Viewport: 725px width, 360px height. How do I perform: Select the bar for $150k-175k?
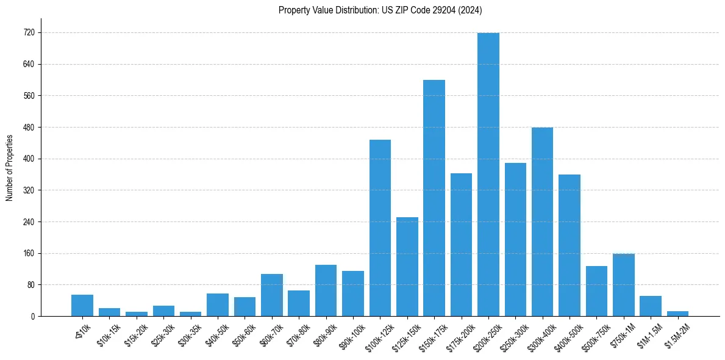[x=434, y=198]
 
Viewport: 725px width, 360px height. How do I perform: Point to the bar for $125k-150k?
[x=407, y=267]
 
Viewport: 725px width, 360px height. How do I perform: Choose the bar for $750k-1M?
[x=623, y=285]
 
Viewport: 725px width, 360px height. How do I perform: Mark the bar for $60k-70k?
[x=271, y=295]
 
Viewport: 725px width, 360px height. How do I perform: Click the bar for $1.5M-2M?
[x=677, y=314]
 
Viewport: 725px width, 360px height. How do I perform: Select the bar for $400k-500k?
[x=569, y=245]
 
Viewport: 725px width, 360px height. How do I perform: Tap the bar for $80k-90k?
[x=326, y=290]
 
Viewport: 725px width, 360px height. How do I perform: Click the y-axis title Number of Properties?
[x=10, y=168]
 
